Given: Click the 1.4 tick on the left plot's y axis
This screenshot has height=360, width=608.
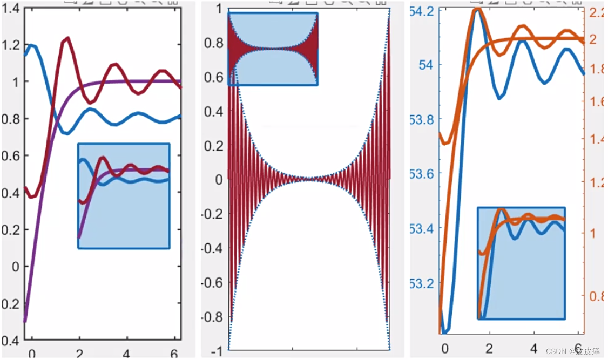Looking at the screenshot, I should click(10, 8).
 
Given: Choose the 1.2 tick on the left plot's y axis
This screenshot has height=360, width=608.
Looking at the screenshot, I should click(10, 45).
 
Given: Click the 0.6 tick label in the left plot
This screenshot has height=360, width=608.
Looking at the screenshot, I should click(10, 156).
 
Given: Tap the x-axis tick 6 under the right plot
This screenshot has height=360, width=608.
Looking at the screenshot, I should click(578, 348).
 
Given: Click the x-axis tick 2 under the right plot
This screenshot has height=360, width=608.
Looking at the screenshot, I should click(489, 348).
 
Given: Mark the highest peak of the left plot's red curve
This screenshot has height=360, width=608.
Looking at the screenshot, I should click(67, 38).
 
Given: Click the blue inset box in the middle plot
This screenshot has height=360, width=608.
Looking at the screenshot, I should click(273, 49).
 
